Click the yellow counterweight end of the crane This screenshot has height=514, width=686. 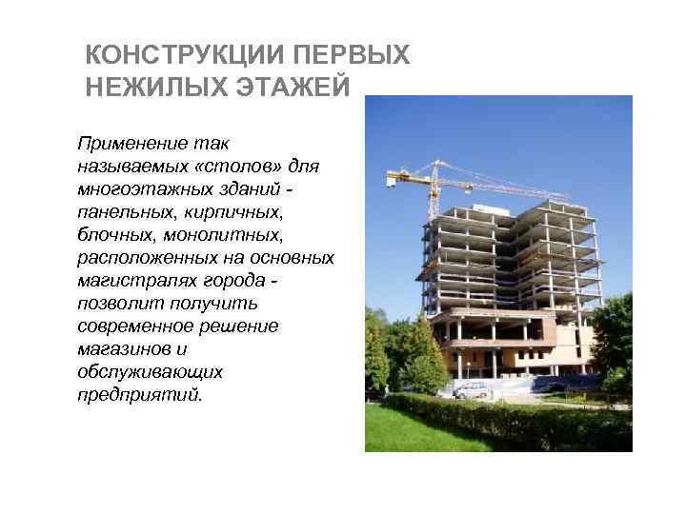point(397,177)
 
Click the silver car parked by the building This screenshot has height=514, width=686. point(472,389)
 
